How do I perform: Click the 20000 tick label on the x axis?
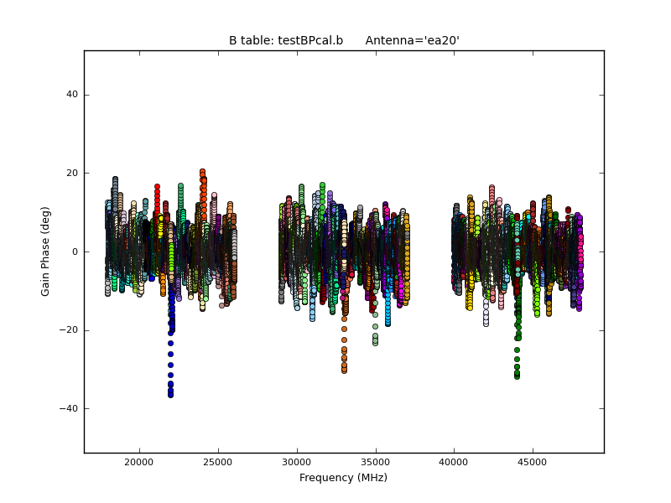[x=138, y=462]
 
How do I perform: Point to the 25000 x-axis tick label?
[x=217, y=462]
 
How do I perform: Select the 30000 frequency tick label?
[x=296, y=462]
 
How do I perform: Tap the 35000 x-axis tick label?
[x=375, y=462]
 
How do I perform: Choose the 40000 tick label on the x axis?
[x=454, y=462]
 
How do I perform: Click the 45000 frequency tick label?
[x=533, y=462]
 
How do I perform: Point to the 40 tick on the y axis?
[x=73, y=95]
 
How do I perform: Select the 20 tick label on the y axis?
[x=73, y=174]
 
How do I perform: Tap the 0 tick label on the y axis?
[x=75, y=251]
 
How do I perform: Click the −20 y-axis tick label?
[x=70, y=330]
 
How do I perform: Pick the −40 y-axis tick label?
[x=70, y=408]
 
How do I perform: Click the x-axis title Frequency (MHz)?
[x=343, y=478]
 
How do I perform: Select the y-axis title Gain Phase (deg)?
[x=46, y=251]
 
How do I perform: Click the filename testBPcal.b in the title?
[x=286, y=40]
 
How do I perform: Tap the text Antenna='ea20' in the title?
[x=412, y=40]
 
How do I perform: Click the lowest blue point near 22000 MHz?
[x=170, y=394]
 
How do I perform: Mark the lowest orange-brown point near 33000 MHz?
[x=344, y=370]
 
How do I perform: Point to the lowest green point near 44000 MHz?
[x=517, y=376]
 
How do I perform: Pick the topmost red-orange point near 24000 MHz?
[x=202, y=172]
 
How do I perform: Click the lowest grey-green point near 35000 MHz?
[x=375, y=342]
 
